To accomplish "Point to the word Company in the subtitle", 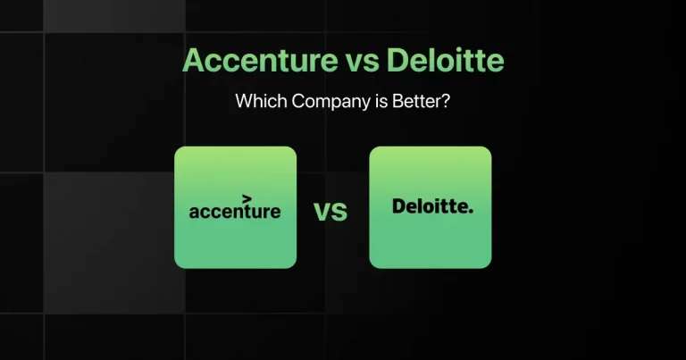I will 325,103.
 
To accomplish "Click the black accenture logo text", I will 235,212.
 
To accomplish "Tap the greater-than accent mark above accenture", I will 247,197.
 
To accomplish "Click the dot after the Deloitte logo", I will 472,212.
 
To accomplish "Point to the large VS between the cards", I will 330,213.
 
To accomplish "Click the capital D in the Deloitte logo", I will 399,207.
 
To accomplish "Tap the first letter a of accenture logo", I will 194,213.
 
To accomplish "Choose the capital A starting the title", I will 193,63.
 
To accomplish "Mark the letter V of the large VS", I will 322,213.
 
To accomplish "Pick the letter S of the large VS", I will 339,213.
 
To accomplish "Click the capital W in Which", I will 243,102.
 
